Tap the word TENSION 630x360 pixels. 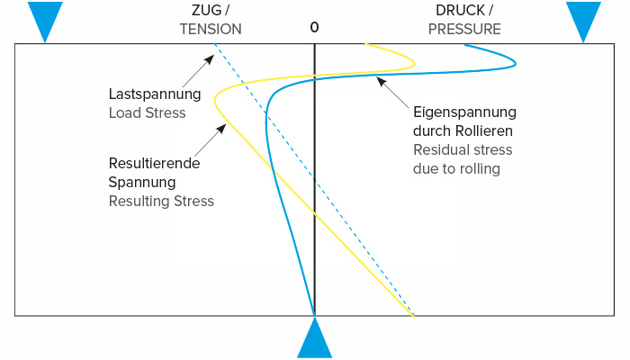(x=211, y=29)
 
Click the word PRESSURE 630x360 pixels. (x=463, y=29)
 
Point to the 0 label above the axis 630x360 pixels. (x=314, y=27)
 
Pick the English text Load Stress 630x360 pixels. (x=147, y=113)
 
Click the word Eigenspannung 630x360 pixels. (x=463, y=112)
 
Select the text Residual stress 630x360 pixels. (x=462, y=150)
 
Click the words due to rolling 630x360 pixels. (x=455, y=168)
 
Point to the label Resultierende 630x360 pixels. (x=154, y=164)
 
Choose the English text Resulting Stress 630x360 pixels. (x=161, y=201)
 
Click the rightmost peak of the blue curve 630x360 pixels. (x=515, y=62)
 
